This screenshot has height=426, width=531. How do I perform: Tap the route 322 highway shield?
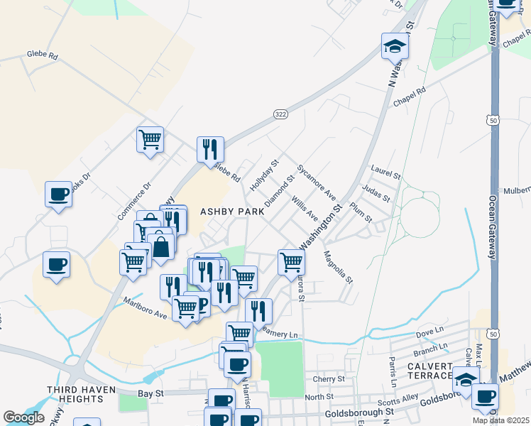point(280,114)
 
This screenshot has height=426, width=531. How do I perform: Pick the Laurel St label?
point(386,172)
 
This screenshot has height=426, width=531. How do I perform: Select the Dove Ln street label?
point(429,332)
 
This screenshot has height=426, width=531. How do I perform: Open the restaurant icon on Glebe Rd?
point(210,149)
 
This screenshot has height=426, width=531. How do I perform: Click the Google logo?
point(23,417)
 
